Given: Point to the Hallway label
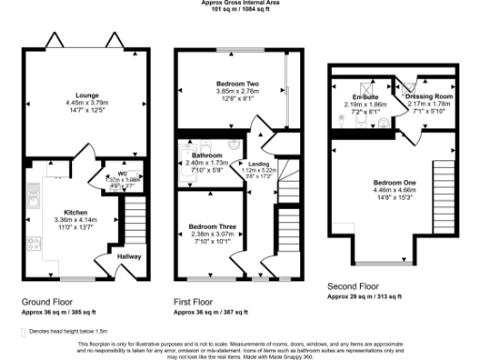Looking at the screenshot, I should click(129, 254).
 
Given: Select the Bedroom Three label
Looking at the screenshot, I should click(206, 226).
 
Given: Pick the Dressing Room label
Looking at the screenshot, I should click(427, 96).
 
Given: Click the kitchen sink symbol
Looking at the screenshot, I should click(32, 198).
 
